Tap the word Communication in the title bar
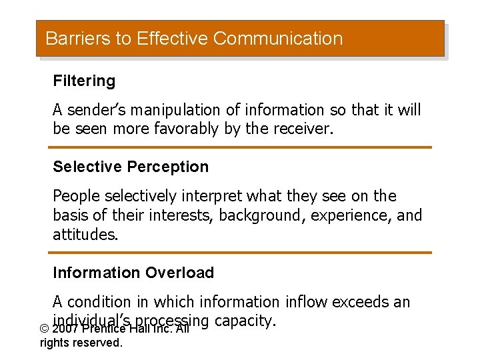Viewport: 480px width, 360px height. [278, 39]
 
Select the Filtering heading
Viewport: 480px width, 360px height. [84, 81]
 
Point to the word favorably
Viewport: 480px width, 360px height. [182, 129]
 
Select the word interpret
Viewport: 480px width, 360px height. [211, 197]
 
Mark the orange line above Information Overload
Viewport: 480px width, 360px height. [240, 253]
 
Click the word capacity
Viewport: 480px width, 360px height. [245, 321]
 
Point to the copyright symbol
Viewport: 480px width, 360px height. [45, 329]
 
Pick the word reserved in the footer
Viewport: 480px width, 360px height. [101, 343]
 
